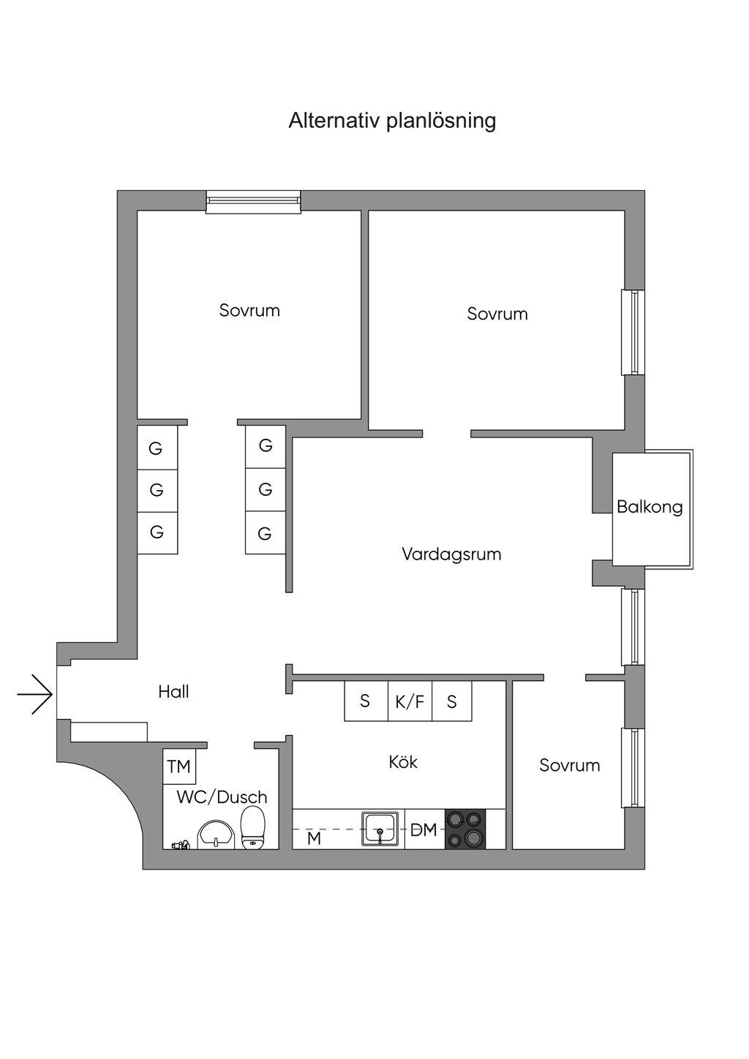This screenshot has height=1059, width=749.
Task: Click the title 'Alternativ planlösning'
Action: coord(392,120)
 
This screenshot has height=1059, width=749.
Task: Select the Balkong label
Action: coord(650,507)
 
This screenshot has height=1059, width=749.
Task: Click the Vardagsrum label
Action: coord(451,554)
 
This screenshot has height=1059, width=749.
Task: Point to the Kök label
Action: coord(403,762)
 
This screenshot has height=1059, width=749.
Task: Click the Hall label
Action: coord(173,692)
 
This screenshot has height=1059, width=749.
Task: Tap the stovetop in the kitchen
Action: coord(465,829)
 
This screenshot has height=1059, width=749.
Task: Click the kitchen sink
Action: coord(380,829)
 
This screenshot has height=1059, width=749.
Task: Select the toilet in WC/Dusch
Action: coord(253,828)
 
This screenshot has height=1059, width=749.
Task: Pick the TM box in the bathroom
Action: coord(179,766)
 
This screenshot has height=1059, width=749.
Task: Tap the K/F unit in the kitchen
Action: coord(410,702)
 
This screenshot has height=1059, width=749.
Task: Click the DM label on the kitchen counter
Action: coord(424,830)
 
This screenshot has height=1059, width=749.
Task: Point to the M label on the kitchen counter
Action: coord(314,838)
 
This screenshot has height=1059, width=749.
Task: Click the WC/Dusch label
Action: coord(222,797)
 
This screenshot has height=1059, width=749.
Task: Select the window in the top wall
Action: coord(253,201)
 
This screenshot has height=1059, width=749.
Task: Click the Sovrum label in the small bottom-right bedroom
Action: coord(569,766)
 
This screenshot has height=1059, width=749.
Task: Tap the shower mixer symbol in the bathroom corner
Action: coord(181,845)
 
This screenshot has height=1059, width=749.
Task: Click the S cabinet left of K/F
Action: coord(366,701)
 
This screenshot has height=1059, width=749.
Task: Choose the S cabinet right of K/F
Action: coord(451,702)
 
